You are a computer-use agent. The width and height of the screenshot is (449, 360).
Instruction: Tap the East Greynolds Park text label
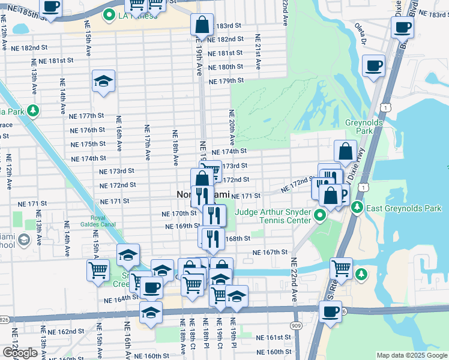click(403, 208)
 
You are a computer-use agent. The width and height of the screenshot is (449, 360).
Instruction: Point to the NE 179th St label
click(226, 80)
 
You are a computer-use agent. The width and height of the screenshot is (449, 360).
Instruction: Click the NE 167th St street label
click(270, 253)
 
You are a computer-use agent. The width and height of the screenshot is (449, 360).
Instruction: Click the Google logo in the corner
click(20, 352)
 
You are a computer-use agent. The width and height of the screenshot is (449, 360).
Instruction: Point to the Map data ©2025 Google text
click(412, 355)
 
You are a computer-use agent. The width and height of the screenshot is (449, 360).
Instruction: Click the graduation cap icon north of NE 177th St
click(103, 82)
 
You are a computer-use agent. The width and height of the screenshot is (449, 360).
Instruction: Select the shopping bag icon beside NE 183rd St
click(202, 25)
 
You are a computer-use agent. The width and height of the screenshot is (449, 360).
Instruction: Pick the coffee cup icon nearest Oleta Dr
click(374, 65)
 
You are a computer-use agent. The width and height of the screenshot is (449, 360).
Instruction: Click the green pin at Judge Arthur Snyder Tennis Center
click(321, 214)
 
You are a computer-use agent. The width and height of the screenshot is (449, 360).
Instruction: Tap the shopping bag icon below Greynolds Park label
click(345, 152)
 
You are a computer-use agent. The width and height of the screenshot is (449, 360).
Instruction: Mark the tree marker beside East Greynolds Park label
click(358, 208)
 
